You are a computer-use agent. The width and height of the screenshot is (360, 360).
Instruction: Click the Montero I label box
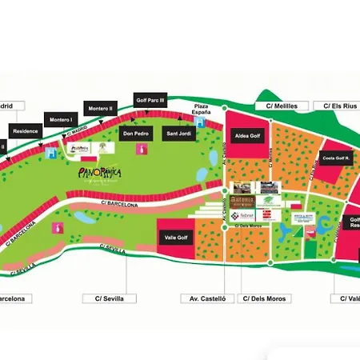[x=62, y=120]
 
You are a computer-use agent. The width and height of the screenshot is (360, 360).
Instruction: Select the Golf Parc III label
[x=150, y=101]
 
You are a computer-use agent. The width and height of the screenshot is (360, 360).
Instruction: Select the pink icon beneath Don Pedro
[x=142, y=150]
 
